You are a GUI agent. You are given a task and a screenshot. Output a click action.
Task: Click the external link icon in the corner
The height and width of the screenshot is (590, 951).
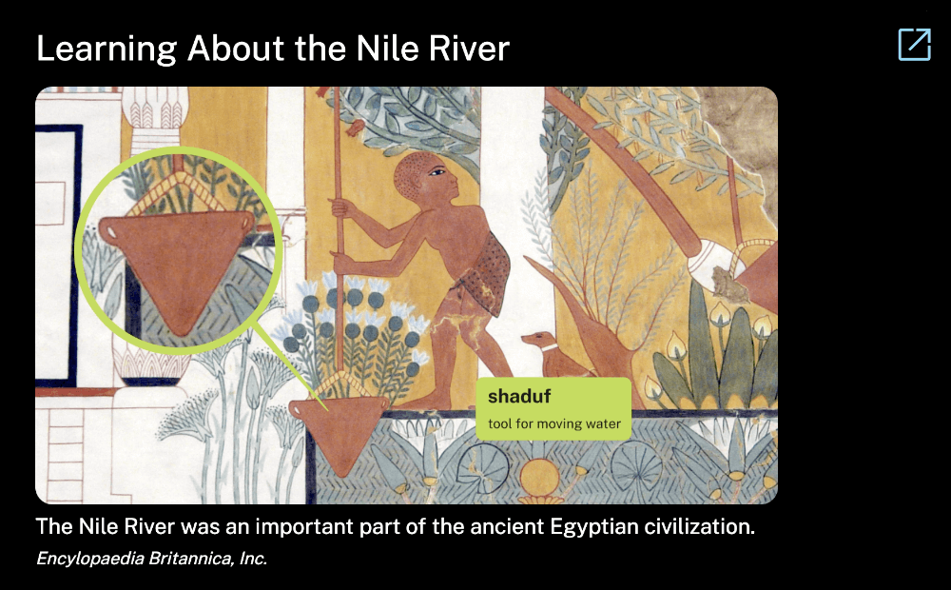[914, 45]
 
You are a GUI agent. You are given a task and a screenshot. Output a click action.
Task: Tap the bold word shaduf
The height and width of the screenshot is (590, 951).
[519, 397]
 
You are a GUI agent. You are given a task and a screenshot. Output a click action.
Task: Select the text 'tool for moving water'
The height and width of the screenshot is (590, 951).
[554, 423]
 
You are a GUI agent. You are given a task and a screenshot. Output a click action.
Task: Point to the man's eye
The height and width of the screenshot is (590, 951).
[437, 172]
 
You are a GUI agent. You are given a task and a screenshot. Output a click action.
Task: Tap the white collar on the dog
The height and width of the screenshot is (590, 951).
[550, 348]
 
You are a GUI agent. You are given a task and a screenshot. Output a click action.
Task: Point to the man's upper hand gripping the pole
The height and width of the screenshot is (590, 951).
[341, 208]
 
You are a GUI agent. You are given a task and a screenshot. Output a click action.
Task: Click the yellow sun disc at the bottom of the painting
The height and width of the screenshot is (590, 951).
[539, 476]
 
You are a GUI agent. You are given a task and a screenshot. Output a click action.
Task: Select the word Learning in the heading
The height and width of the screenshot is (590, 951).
[107, 49]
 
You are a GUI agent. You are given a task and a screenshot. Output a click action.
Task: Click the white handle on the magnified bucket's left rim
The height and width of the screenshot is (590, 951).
[111, 232]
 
